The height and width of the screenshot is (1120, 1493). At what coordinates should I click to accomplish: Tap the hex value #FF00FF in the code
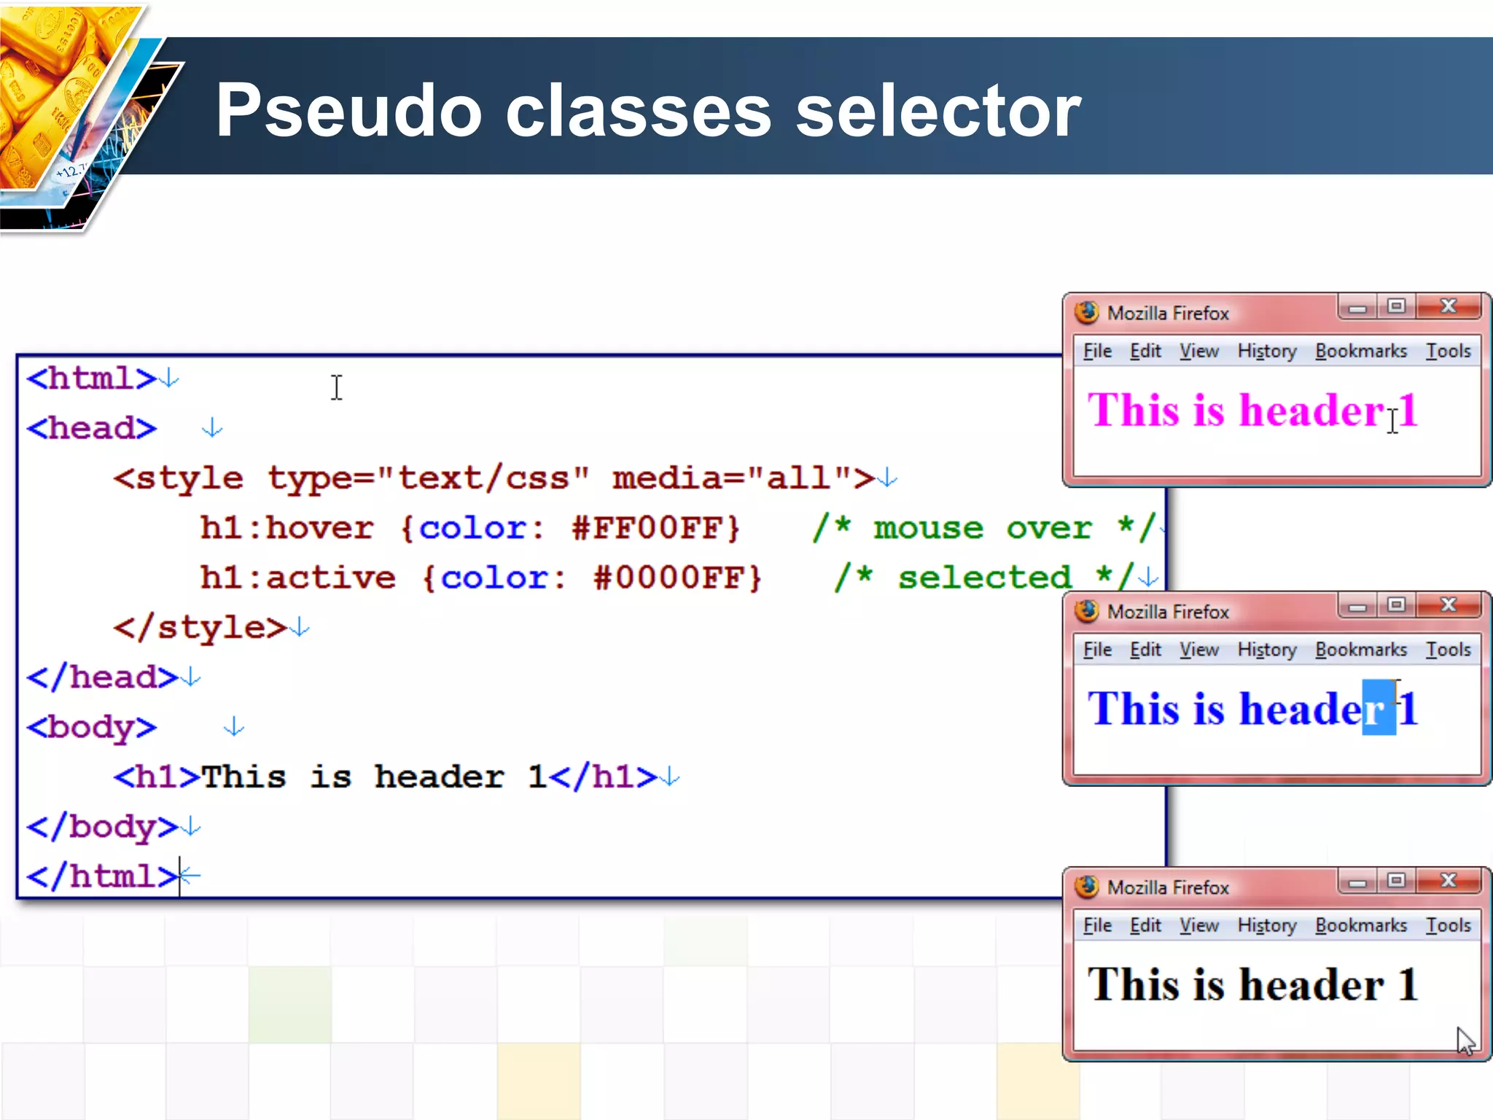[656, 528]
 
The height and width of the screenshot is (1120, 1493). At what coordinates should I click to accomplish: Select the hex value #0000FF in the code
[678, 578]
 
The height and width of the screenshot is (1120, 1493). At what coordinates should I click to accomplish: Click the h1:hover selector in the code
[287, 528]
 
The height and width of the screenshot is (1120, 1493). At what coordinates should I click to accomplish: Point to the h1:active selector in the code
[298, 578]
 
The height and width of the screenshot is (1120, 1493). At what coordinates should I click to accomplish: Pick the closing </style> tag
[200, 628]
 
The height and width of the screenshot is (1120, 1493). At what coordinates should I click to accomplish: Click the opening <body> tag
[92, 727]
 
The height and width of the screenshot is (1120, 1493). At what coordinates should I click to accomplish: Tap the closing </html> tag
[102, 876]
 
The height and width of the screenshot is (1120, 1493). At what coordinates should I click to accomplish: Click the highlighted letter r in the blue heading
[1379, 709]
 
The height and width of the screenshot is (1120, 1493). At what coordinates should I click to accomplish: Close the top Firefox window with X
[1449, 306]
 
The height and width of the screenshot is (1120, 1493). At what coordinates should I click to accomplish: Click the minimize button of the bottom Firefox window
[1357, 882]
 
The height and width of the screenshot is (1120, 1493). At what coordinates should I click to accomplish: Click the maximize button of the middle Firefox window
[1396, 604]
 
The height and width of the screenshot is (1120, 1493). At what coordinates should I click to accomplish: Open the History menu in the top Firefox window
[1267, 351]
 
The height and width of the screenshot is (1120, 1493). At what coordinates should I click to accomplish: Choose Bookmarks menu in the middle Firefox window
[1361, 650]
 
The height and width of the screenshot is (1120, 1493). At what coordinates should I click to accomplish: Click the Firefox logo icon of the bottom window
[1087, 887]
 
